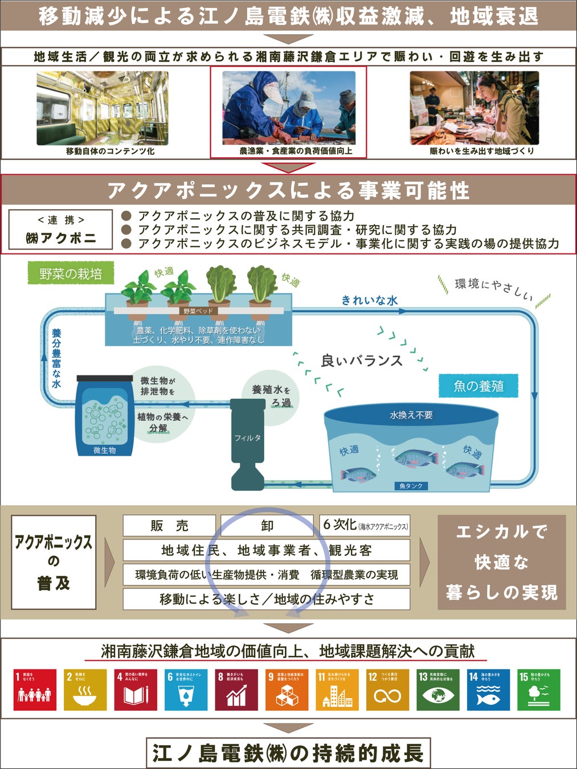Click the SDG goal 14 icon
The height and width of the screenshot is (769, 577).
[x=488, y=689]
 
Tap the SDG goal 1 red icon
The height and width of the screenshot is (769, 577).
[x=35, y=689]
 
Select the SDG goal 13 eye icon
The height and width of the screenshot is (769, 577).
[x=438, y=689]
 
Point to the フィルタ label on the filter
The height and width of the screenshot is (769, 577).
[x=247, y=437]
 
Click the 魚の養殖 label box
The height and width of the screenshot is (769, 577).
[x=478, y=386]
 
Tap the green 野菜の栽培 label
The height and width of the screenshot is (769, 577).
[x=71, y=273]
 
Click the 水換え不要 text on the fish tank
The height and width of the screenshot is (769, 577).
[x=411, y=415]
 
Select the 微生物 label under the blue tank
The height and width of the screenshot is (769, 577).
[x=105, y=450]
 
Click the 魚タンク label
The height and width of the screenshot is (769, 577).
[x=411, y=486]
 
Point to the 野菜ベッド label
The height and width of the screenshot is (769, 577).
[x=198, y=311]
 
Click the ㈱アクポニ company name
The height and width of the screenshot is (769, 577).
[x=60, y=238]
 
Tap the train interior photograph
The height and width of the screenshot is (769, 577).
[x=103, y=108]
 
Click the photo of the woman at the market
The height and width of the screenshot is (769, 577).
[x=474, y=108]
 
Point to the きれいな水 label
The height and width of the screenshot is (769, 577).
[x=369, y=300]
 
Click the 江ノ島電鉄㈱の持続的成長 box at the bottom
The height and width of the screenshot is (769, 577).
[x=288, y=753]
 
